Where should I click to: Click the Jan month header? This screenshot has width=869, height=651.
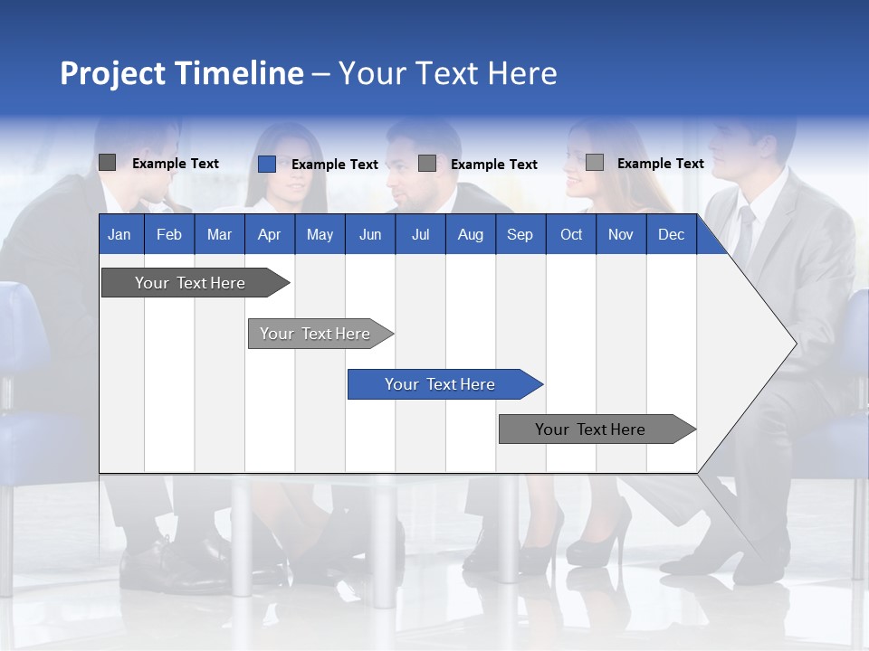click(119, 234)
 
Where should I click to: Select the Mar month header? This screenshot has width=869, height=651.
click(219, 234)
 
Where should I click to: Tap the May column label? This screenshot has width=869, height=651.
click(320, 234)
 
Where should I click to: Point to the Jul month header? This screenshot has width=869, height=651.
click(420, 234)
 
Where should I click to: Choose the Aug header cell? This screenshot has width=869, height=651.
click(470, 234)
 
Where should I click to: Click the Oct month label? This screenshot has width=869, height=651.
click(571, 234)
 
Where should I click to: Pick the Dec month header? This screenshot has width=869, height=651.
click(671, 234)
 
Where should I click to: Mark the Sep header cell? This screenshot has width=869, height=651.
click(520, 234)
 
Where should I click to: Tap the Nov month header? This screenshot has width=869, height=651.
click(620, 234)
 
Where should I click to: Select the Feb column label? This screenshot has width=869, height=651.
click(169, 234)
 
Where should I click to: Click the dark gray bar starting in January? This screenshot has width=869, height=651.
click(190, 283)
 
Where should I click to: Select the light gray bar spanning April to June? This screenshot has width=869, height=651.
click(315, 334)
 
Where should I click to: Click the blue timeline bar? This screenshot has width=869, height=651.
click(440, 384)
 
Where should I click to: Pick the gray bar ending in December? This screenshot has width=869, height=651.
click(590, 429)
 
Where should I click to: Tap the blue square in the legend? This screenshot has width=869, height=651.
click(267, 164)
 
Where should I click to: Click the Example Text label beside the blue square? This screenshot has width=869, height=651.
click(334, 165)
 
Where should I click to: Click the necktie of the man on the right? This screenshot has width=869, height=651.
click(744, 233)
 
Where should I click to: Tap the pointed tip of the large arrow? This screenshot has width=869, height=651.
click(794, 343)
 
